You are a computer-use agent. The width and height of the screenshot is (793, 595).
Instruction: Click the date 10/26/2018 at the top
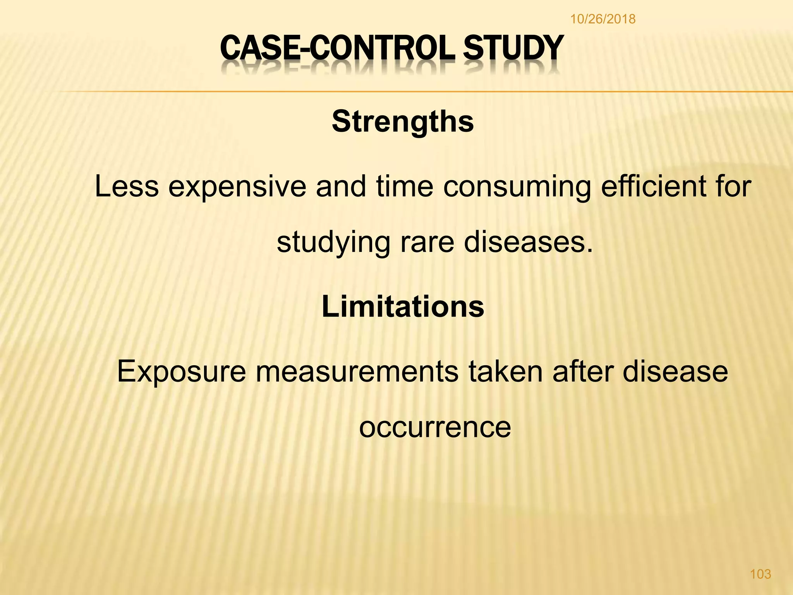tap(602, 19)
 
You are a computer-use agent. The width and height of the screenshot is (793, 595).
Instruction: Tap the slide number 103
tap(760, 574)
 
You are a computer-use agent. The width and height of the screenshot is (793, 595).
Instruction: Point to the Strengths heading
tap(403, 122)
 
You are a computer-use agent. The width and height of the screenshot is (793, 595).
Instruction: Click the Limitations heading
tap(403, 306)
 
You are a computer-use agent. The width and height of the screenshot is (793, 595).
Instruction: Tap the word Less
tap(127, 186)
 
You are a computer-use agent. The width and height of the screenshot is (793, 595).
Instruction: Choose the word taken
tap(505, 371)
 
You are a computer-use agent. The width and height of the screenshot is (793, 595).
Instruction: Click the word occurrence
tap(435, 428)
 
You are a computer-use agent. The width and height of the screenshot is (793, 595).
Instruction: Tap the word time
tap(405, 186)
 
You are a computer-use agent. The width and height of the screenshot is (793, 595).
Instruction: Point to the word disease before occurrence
tap(675, 371)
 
